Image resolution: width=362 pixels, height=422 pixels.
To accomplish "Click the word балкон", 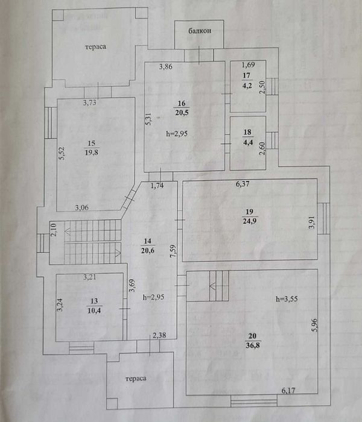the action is (x=200, y=31).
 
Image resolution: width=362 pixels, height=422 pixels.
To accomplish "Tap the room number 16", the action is (x=182, y=103).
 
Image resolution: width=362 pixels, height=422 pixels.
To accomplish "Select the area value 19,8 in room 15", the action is (x=92, y=153).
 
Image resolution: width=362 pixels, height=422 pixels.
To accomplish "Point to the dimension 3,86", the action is (x=165, y=66).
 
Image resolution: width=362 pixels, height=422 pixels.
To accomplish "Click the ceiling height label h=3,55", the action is (x=287, y=299).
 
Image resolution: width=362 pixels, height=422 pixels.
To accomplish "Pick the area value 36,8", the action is (x=253, y=345).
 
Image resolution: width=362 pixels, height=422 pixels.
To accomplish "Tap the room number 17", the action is (x=246, y=75).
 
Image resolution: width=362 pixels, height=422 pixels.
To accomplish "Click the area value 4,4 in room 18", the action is (x=248, y=142).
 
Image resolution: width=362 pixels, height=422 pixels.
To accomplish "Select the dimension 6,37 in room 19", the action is (x=243, y=184).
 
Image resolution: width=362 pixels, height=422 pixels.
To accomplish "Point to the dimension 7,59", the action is (x=173, y=251).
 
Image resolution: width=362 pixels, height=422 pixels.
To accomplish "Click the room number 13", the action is (x=94, y=301).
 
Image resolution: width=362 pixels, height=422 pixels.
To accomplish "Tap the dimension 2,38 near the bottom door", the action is (x=159, y=335).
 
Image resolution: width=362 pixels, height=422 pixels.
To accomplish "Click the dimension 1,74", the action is (x=157, y=186).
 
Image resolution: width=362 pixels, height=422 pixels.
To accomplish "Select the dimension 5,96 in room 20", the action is (x=314, y=326).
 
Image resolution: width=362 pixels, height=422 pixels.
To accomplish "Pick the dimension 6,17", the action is (x=288, y=390).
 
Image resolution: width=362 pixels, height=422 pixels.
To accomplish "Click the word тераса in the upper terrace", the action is (x=95, y=47).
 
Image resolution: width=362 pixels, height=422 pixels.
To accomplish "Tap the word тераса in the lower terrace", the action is (x=136, y=379).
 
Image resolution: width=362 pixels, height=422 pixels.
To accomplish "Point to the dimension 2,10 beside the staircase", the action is (x=54, y=230).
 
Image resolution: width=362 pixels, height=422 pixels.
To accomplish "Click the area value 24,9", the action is (x=249, y=221).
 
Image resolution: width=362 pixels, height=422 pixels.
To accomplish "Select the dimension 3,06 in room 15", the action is (x=81, y=207).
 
